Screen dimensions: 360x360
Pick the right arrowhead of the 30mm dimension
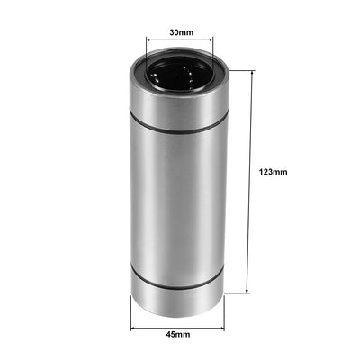tap(211, 40)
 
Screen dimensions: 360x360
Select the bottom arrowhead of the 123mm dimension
tap(247, 292)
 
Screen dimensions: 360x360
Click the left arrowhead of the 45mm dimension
tap(134, 323)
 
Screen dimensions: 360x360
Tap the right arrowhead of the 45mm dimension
tap(225, 323)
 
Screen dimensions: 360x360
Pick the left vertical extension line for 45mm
tap(131, 310)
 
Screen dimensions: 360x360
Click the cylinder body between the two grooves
tap(179, 198)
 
